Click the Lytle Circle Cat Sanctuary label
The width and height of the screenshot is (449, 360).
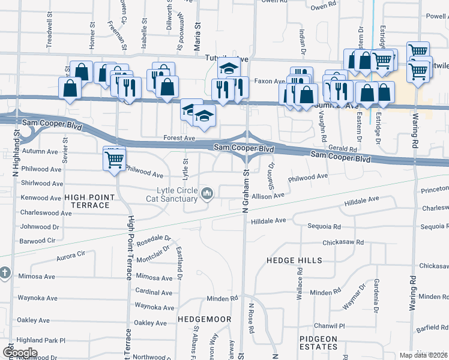click(177, 194)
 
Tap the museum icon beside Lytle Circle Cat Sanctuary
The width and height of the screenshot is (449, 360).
click(208, 193)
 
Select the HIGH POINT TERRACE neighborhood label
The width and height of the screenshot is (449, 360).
click(87, 201)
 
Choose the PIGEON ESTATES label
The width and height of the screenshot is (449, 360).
click(319, 343)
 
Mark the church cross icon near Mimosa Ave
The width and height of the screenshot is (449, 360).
click(4, 272)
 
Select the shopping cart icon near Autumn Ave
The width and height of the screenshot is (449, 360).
click(114, 159)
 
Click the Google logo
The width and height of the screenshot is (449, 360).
click(20, 353)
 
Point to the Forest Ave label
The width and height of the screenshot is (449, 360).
click(179, 138)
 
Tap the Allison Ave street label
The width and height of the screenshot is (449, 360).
click(268, 196)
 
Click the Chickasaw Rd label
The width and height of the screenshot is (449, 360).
click(343, 242)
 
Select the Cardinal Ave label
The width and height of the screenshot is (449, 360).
click(154, 292)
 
